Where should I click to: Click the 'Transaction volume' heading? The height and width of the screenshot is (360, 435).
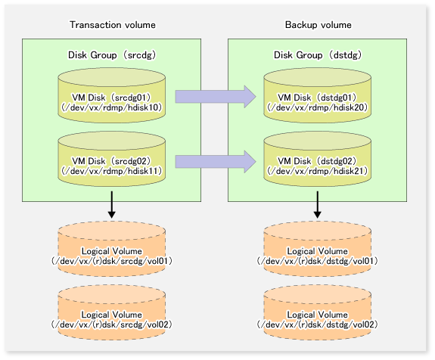coord(113,25)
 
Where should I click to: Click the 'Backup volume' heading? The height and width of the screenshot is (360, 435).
coord(318,25)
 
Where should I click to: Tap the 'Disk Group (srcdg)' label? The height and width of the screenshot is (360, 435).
coord(112,55)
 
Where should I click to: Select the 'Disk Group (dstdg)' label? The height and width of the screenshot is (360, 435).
coord(318,55)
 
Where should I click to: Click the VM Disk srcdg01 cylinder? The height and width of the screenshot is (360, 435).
coord(112,95)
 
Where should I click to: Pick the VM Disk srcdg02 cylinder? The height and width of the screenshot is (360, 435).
coord(112,159)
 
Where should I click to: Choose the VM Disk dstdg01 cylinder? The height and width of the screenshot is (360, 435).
coord(318,95)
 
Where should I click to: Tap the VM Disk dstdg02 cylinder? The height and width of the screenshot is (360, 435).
coord(318,159)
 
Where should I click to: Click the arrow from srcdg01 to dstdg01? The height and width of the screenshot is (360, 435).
coord(216,97)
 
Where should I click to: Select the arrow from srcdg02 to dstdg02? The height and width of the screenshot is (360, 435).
coord(216,162)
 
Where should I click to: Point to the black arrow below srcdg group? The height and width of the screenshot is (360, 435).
coord(112,204)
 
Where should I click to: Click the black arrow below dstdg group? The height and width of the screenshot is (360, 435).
coord(318,204)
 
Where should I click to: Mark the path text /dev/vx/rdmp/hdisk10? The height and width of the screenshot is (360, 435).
coord(112,107)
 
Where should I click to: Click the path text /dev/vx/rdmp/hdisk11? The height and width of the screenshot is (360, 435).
coord(112,171)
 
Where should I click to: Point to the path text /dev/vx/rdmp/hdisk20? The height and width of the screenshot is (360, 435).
coord(318,107)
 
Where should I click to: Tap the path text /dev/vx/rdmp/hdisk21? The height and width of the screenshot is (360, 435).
coord(318,171)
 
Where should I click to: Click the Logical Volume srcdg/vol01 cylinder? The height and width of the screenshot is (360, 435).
coord(112,249)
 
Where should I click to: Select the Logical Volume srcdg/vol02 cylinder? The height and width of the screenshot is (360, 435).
coord(112,312)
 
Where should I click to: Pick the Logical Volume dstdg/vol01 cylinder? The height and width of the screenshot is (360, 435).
coord(318,249)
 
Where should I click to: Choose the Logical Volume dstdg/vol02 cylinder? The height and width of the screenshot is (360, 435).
coord(318,312)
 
